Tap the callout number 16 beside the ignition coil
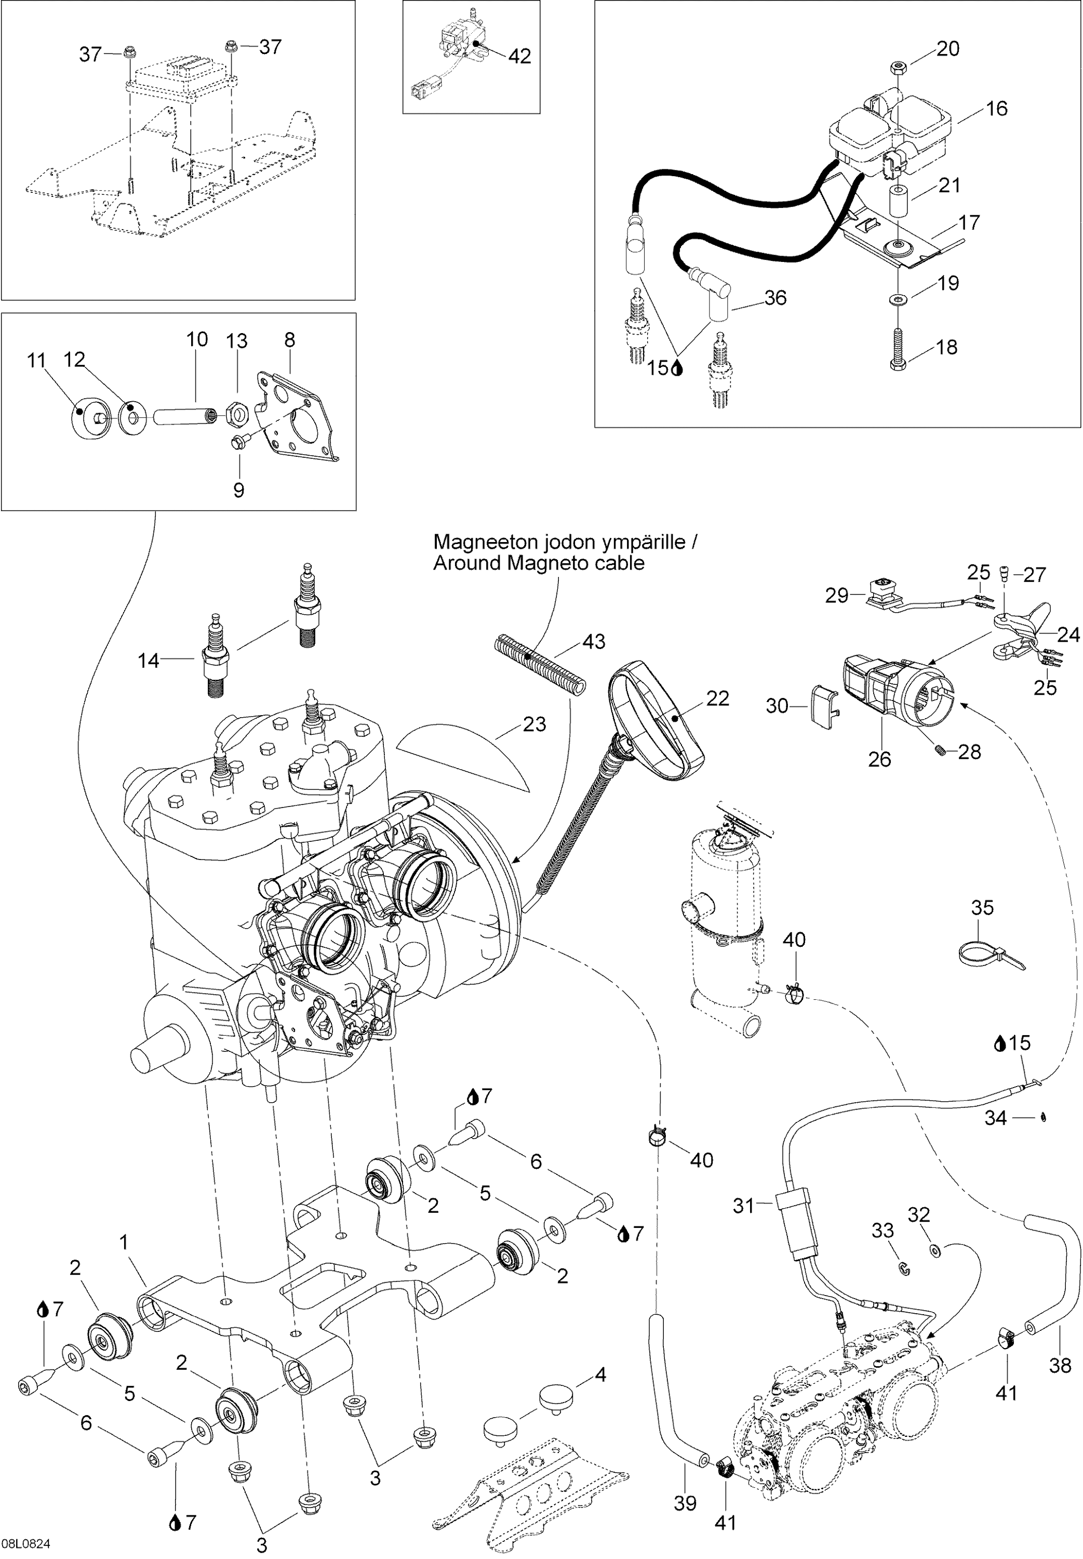[996, 109]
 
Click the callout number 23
[534, 724]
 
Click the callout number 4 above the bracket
[600, 1376]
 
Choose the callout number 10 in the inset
[197, 339]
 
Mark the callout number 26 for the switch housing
[879, 759]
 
